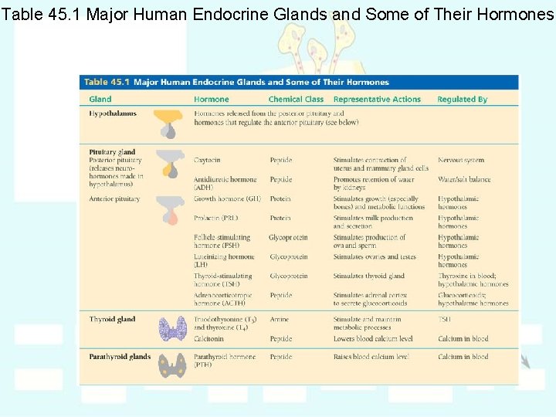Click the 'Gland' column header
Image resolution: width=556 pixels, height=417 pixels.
tap(100, 100)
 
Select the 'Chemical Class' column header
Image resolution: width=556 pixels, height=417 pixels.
tap(296, 100)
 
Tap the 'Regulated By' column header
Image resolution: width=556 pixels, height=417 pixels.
tap(462, 100)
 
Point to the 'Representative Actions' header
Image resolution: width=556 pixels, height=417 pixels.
tap(377, 100)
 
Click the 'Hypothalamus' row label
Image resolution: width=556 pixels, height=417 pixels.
tap(113, 114)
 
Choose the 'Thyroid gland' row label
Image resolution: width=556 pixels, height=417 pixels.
tap(112, 319)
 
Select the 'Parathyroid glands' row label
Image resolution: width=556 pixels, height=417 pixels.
tap(120, 357)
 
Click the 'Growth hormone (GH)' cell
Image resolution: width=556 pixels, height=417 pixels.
tap(227, 198)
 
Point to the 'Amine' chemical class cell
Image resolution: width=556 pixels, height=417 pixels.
tap(279, 319)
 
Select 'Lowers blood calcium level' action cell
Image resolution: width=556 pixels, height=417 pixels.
tap(373, 338)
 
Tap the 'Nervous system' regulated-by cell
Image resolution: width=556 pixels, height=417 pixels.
tap(461, 160)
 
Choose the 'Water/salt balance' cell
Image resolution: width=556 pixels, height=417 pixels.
tap(464, 179)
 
